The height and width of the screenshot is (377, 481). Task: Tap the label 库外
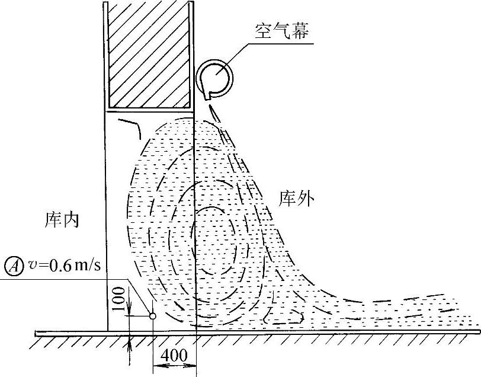pyautogui.click(x=296, y=199)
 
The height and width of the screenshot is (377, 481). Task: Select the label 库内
pyautogui.click(x=62, y=220)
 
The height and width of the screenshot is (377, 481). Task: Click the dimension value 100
pyautogui.click(x=119, y=299)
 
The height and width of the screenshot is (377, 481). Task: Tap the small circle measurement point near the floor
pyautogui.click(x=152, y=317)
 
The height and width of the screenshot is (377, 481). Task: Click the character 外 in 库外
pyautogui.click(x=305, y=199)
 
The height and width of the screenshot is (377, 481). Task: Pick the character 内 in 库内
pyautogui.click(x=70, y=220)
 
